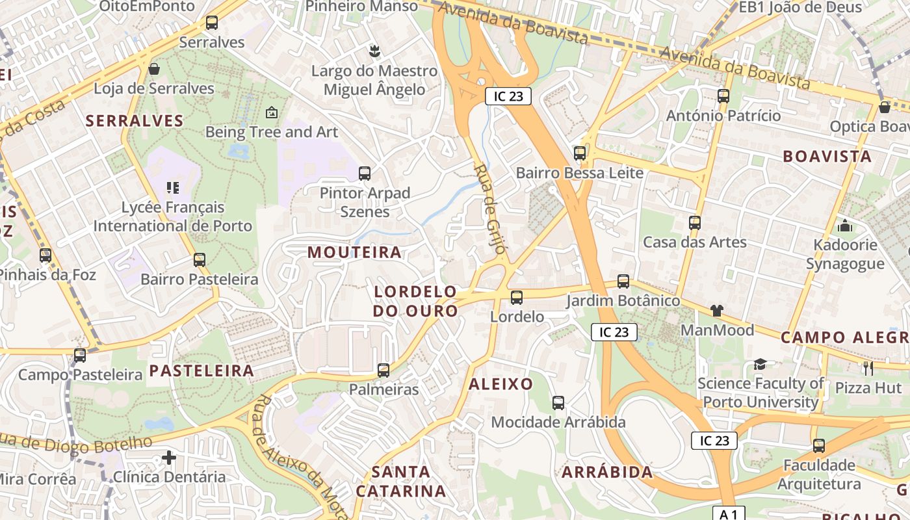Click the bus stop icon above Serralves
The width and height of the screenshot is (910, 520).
[x=212, y=23]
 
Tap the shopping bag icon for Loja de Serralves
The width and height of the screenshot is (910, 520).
[x=154, y=69]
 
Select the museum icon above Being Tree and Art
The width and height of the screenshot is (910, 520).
[x=272, y=112]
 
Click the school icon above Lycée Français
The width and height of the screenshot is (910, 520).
[x=172, y=188]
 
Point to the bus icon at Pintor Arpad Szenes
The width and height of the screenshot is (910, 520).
[x=365, y=174]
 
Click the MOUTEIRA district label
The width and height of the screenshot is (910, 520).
[x=354, y=252]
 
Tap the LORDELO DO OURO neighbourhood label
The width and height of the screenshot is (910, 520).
[x=416, y=301]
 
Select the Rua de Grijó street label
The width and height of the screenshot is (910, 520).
[x=490, y=208]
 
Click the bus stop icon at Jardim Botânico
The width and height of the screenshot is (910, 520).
[x=623, y=281]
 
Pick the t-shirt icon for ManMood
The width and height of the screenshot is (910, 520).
[x=716, y=311]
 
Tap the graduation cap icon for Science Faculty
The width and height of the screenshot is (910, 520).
[x=760, y=364]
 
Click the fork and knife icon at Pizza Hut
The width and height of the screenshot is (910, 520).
[x=868, y=369]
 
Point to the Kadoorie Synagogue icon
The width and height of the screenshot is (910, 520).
[x=845, y=226]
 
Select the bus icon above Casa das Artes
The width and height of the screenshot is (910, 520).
[x=695, y=223]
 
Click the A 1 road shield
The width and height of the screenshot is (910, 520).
[x=729, y=513]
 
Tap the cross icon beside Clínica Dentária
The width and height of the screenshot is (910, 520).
[x=169, y=458]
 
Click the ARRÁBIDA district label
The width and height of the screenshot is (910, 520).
[x=607, y=473]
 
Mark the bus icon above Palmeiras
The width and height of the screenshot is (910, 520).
[x=383, y=370]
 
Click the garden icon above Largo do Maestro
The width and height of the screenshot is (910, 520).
[x=374, y=50]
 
